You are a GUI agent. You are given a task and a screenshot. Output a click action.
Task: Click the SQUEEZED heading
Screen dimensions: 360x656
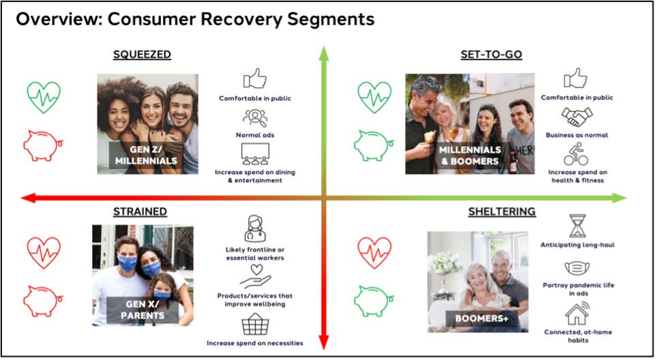pyautogui.click(x=142, y=55)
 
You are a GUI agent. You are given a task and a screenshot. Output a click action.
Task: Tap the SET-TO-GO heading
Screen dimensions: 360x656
pyautogui.click(x=490, y=55)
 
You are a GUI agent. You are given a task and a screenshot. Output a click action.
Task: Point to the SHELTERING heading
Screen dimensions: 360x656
pyautogui.click(x=501, y=211)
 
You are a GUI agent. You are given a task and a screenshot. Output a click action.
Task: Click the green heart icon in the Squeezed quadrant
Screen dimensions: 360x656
pyautogui.click(x=44, y=97)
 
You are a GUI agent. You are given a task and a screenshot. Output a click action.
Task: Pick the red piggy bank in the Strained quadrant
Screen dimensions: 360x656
pyautogui.click(x=43, y=300)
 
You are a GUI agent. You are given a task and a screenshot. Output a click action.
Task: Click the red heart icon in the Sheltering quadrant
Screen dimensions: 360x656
pyautogui.click(x=374, y=252)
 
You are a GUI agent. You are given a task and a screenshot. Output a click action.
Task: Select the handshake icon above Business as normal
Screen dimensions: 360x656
pyautogui.click(x=576, y=117)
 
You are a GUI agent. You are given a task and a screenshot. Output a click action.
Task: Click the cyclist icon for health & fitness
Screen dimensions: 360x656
pyautogui.click(x=576, y=153)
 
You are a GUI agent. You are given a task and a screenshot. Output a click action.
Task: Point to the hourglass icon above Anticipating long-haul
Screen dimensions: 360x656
pyautogui.click(x=578, y=226)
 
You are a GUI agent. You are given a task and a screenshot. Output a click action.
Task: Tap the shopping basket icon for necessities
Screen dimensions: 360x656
pyautogui.click(x=254, y=323)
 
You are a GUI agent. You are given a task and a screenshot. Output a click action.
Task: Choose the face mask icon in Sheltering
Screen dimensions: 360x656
pyautogui.click(x=578, y=268)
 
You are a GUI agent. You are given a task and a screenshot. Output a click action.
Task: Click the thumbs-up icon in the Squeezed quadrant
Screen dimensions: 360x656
pyautogui.click(x=254, y=78)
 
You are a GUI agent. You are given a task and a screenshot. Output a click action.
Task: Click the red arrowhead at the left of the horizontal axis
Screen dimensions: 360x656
pyautogui.click(x=27, y=198)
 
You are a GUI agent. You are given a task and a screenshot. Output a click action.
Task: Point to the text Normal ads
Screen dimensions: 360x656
pyautogui.click(x=254, y=135)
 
